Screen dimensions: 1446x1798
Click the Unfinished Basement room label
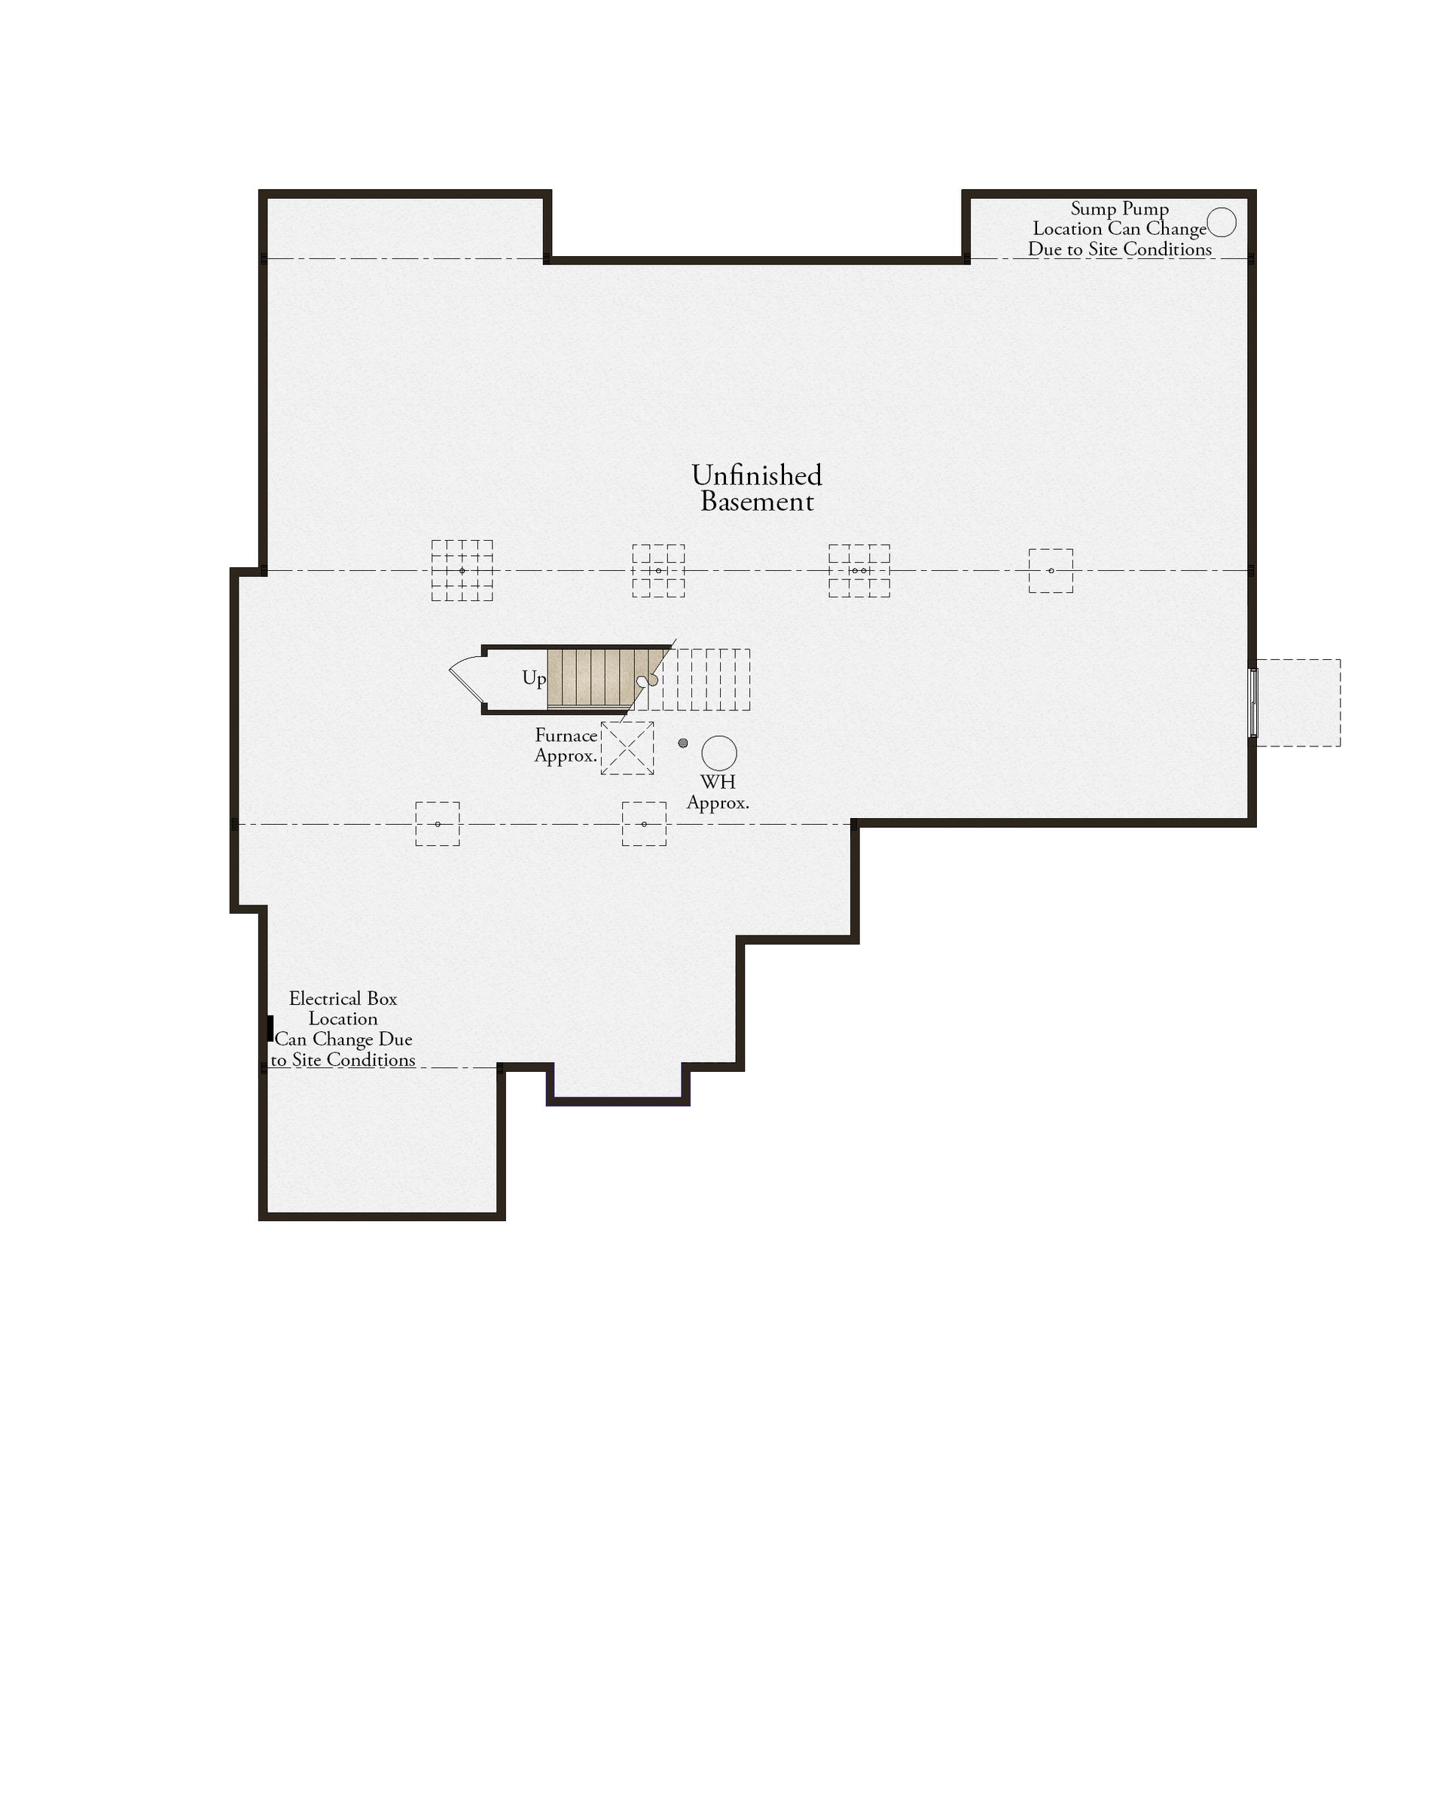click(756, 488)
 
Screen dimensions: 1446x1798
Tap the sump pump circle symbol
click(1222, 223)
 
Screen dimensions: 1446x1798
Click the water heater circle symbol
click(718, 753)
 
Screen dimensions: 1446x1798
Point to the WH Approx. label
click(718, 793)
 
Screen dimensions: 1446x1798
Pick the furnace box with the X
click(627, 748)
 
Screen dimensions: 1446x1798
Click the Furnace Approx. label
click(566, 746)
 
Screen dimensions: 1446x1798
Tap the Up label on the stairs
click(534, 678)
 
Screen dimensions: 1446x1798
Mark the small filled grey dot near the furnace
click(683, 743)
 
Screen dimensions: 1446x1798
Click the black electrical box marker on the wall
click(270, 1028)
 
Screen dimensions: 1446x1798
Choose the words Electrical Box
click(343, 998)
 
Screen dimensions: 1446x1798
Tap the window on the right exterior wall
click(1252, 702)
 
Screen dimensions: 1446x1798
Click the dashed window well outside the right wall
click(1298, 703)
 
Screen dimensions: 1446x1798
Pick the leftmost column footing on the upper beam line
click(462, 570)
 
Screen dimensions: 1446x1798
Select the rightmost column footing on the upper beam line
click(1051, 570)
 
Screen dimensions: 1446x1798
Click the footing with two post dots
click(859, 570)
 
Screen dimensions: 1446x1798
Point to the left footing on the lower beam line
click(438, 824)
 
